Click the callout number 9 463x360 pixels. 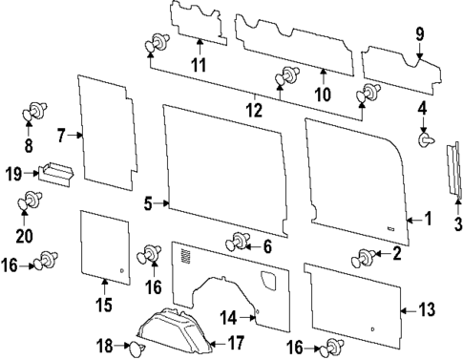point(419,35)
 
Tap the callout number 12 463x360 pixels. point(252,110)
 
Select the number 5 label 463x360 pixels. point(148,202)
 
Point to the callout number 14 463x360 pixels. point(228,318)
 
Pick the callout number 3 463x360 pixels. point(457,225)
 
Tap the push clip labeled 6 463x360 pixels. point(239,242)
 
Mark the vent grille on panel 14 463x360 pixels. point(184,256)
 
